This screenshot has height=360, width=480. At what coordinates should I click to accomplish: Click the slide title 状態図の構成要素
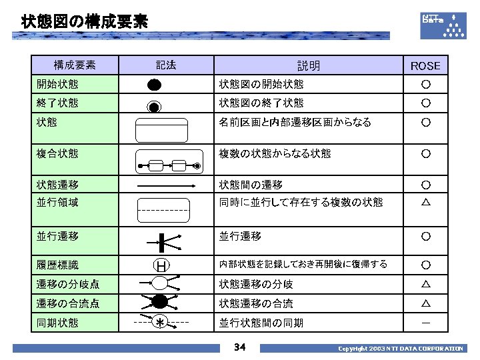(84, 22)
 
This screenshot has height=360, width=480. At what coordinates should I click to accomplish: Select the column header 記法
(166, 65)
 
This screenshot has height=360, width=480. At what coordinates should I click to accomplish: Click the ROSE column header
(425, 65)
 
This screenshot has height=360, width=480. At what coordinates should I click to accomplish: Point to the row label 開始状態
(57, 84)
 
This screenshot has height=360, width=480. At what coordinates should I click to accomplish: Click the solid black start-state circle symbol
(154, 85)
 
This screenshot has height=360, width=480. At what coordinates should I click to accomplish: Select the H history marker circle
(161, 265)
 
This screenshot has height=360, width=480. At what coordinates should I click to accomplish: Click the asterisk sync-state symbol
(161, 323)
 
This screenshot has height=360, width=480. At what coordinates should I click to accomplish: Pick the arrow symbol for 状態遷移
(165, 185)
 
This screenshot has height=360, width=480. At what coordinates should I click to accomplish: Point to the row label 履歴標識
(57, 265)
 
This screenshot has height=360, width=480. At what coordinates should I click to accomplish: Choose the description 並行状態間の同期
(261, 323)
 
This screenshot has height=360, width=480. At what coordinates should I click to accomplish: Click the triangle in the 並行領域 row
(425, 202)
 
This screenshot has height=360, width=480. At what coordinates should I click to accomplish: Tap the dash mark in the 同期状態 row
(425, 323)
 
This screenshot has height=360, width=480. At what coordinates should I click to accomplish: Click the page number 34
(240, 347)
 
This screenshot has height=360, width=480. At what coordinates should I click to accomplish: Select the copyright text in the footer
(400, 349)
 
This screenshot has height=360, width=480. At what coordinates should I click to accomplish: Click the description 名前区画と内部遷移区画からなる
(295, 123)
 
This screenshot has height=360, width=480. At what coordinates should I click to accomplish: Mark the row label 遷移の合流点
(68, 304)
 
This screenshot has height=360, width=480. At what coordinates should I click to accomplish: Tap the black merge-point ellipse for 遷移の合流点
(161, 301)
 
